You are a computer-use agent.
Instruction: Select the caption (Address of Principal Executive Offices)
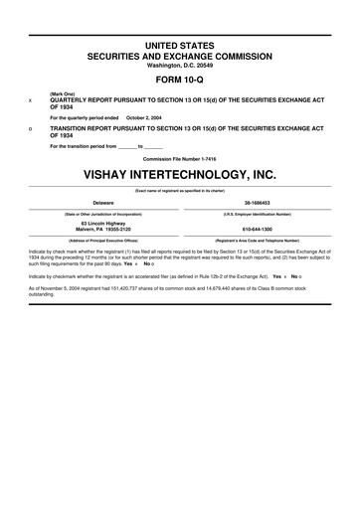point(103,240)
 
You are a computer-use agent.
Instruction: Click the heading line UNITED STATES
point(180,47)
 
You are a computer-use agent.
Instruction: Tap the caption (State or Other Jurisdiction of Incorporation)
point(103,213)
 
